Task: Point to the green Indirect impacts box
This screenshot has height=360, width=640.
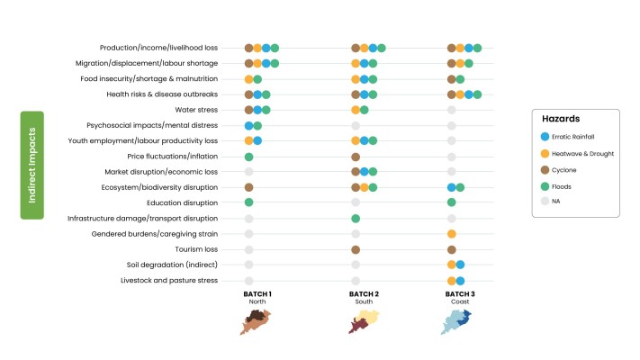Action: [32, 166]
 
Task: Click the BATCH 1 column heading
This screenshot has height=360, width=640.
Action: [257, 294]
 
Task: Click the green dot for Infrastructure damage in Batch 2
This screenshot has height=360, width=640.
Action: [356, 219]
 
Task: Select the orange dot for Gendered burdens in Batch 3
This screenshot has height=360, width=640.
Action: [451, 234]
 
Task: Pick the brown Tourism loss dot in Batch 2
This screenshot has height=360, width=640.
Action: [356, 249]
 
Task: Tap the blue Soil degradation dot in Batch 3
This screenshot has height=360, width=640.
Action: [460, 265]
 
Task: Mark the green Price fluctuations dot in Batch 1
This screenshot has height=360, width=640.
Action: [248, 157]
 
